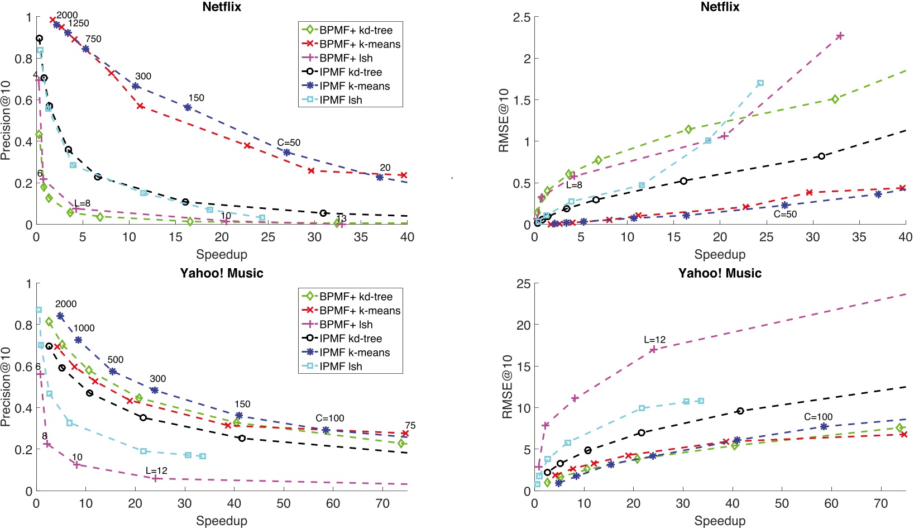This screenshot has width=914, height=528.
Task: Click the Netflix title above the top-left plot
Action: [x=221, y=7]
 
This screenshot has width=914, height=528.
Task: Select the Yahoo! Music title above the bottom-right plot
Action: [x=720, y=273]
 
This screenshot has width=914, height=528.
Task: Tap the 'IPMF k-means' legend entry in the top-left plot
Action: [x=355, y=86]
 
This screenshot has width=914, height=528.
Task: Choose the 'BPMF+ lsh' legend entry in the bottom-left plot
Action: [x=346, y=325]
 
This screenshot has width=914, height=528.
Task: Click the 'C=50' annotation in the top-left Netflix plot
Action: [x=289, y=142]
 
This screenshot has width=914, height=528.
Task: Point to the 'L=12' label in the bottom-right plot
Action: [x=654, y=340]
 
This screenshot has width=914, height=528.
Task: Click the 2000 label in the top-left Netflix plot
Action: [x=67, y=15]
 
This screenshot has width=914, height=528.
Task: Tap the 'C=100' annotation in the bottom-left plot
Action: [x=329, y=418]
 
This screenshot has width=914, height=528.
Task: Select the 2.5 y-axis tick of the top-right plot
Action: [x=521, y=17]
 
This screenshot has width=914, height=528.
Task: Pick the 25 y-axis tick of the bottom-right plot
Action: [x=523, y=284]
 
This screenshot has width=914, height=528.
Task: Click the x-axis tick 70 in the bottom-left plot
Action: [x=382, y=503]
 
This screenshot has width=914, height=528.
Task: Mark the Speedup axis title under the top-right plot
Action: [x=720, y=255]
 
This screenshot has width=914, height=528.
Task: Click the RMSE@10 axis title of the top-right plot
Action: [x=504, y=120]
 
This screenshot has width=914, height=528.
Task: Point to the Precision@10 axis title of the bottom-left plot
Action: [x=6, y=387]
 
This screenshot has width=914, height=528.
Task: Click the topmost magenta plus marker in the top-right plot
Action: [x=840, y=36]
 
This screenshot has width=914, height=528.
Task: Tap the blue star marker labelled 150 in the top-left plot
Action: [x=188, y=107]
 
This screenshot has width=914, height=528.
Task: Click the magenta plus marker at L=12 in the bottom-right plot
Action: [x=653, y=350]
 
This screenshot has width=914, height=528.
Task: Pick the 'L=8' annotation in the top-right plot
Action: [x=574, y=185]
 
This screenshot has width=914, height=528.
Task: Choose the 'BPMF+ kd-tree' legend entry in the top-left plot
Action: [x=356, y=30]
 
